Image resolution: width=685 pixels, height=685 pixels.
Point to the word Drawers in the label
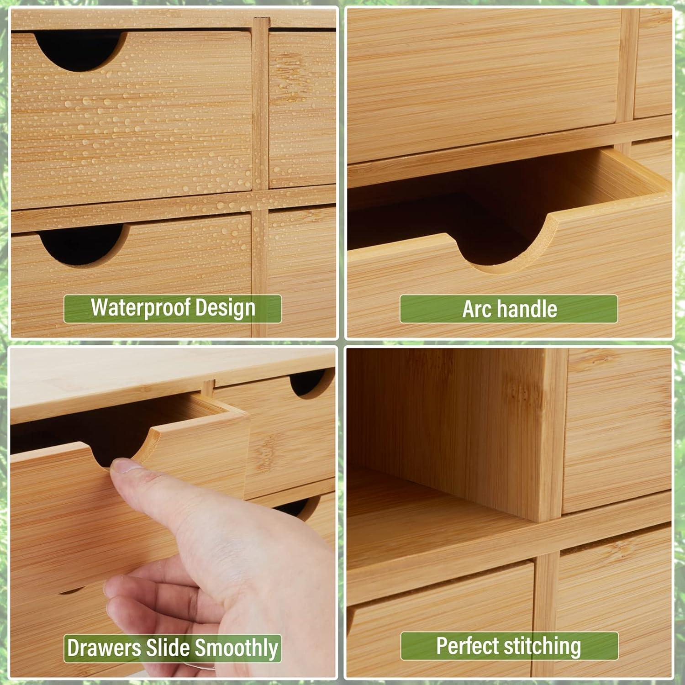tap(103, 648)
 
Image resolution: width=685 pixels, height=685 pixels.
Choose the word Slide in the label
tap(168, 648)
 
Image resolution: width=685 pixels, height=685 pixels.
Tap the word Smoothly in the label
tap(237, 648)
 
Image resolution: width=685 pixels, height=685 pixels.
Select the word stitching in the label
tap(542, 646)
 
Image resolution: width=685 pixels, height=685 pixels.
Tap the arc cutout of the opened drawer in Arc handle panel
tap(502, 249)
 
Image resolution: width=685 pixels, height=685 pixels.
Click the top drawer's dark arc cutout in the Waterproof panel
tap(80, 48)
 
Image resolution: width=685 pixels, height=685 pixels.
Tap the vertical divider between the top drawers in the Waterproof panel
tap(260, 105)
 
